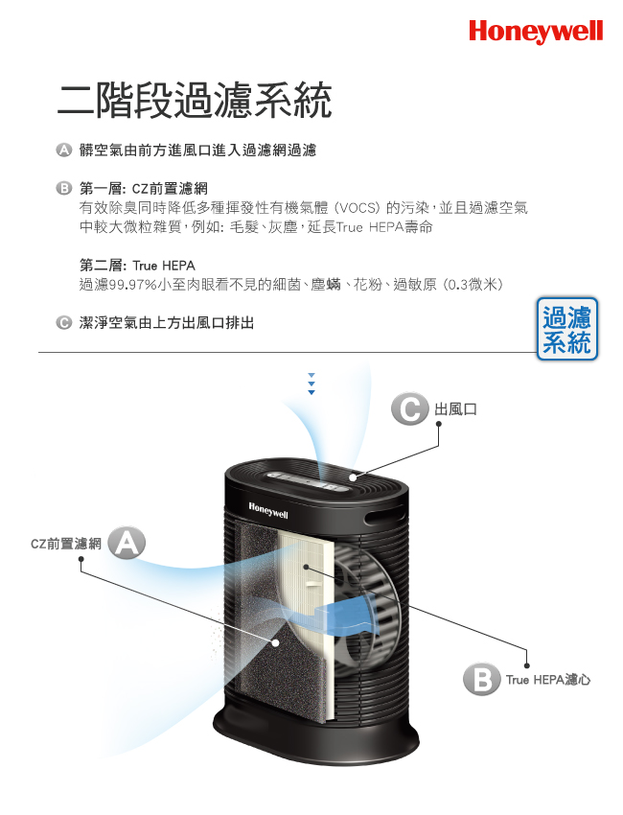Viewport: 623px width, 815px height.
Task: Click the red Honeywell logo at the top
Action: coord(536,32)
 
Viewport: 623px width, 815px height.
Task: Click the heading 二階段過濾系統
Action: coord(195,101)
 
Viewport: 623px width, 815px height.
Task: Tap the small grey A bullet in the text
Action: coord(63,150)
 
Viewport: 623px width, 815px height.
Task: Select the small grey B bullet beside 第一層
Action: coord(63,188)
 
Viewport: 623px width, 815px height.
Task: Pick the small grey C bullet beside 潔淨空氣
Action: coord(63,323)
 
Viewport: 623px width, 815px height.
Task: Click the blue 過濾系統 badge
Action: coord(566,329)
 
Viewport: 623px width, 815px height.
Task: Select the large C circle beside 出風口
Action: coord(409,408)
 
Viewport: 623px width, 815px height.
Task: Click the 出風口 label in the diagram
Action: coord(455,409)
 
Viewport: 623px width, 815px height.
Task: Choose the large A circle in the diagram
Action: coord(127,543)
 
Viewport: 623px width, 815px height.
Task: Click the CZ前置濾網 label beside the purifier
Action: coord(66,544)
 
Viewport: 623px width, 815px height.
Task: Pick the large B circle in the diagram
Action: coord(481,679)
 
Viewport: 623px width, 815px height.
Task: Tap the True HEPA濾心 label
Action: coord(548,680)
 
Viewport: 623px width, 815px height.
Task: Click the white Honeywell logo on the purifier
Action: coord(268,510)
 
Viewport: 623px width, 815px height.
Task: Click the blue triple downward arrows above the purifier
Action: coord(311,384)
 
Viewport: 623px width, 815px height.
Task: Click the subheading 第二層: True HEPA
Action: coord(137,266)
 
